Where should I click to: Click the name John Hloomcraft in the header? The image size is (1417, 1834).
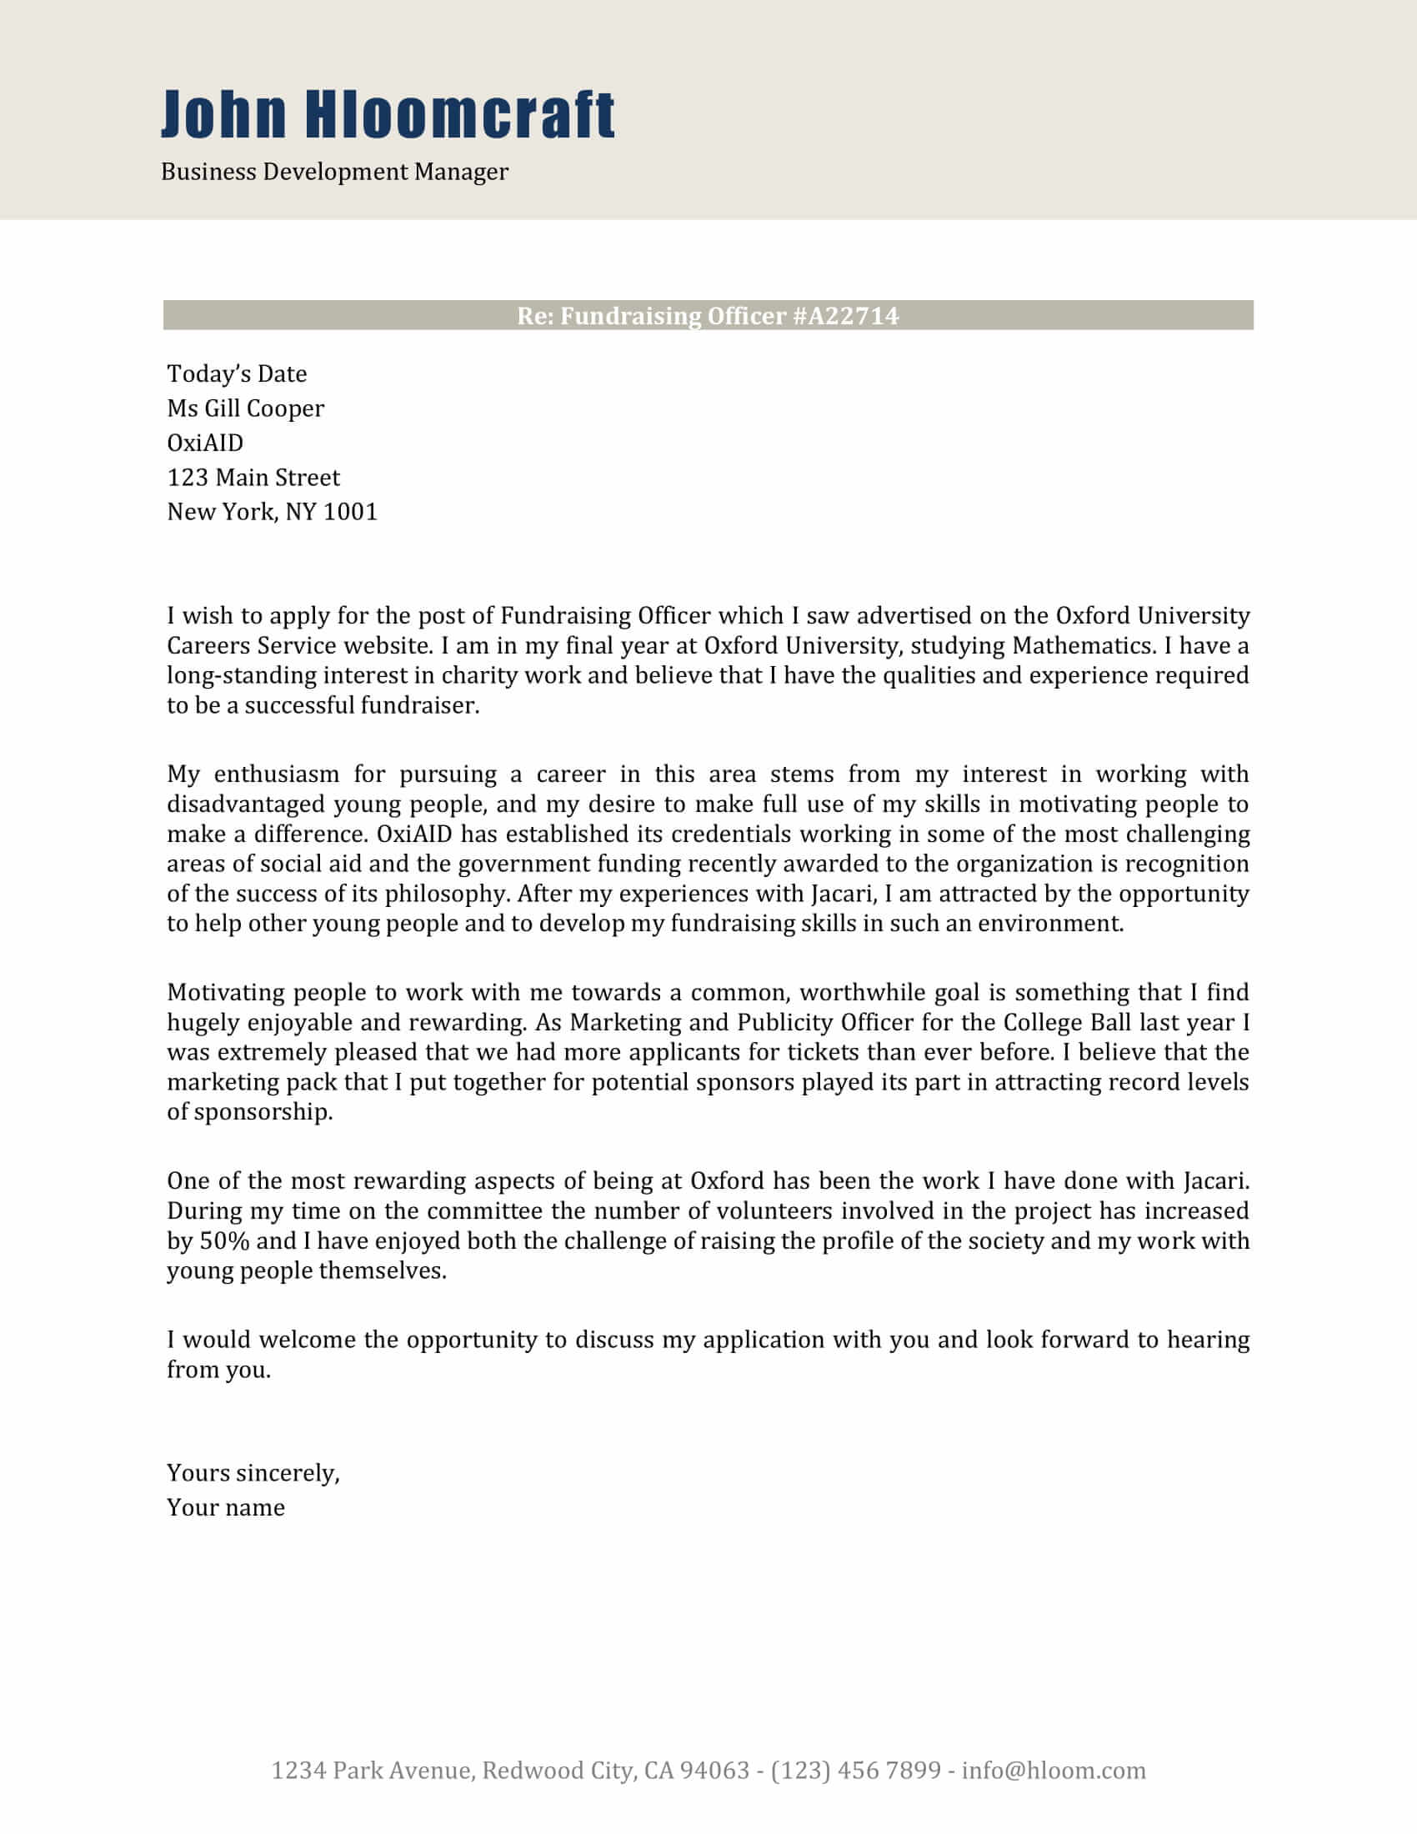387,114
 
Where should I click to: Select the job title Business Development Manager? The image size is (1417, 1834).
334,173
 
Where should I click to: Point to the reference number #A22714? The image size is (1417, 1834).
845,316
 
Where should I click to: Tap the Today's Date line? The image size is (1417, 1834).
237,373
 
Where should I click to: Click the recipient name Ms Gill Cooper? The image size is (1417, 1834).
245,408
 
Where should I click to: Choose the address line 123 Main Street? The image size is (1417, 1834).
253,478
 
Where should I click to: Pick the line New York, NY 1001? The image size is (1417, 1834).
272,512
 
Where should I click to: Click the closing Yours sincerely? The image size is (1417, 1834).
253,1473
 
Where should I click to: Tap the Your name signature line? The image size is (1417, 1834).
225,1507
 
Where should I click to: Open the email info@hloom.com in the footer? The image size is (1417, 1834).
1054,1770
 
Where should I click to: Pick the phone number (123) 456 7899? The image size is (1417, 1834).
855,1770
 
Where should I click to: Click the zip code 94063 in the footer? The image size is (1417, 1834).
714,1770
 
